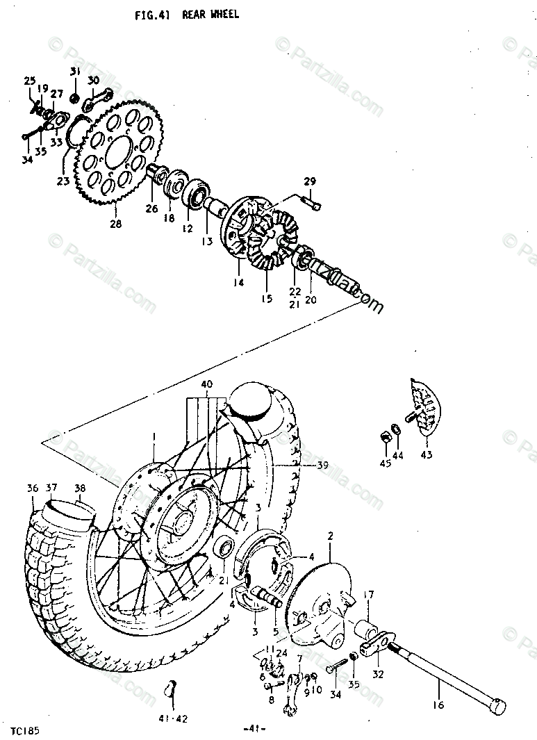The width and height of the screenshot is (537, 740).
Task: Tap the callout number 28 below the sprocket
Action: [x=115, y=224]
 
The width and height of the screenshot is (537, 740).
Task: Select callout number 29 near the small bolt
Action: [x=309, y=181]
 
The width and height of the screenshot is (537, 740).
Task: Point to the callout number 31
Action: [x=75, y=72]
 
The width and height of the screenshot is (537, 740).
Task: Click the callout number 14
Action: [x=239, y=282]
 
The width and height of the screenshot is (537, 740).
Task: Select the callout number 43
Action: [x=425, y=455]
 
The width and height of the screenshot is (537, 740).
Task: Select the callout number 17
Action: [x=369, y=595]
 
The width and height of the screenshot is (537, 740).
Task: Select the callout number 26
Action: [x=151, y=208]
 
